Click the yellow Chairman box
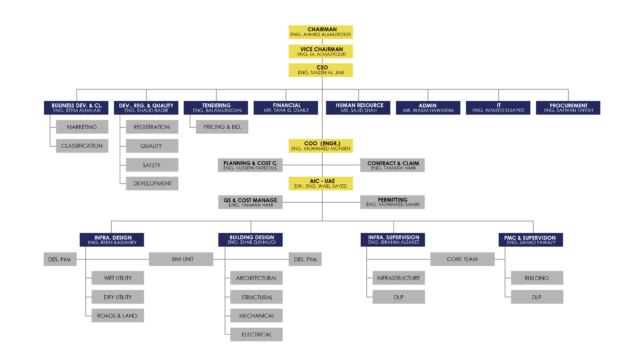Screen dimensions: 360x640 [x=320, y=33]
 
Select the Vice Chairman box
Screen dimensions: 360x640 [x=320, y=51]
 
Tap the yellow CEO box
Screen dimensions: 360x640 [x=320, y=69]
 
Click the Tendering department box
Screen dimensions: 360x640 [x=215, y=107]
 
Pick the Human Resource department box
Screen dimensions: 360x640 [x=357, y=107]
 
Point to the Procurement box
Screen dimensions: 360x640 [x=568, y=107]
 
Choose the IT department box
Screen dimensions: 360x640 [x=498, y=107]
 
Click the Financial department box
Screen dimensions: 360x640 [x=286, y=107]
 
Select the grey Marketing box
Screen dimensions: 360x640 [x=81, y=127]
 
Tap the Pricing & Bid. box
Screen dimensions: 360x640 [x=223, y=127]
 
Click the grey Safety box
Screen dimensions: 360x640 [x=151, y=164]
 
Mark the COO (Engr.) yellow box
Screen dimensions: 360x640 [x=320, y=146]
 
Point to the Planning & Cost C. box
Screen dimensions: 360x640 [x=251, y=164]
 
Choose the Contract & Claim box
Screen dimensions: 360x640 [x=392, y=164]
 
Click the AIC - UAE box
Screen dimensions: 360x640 [x=320, y=183]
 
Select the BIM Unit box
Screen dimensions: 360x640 [x=182, y=259]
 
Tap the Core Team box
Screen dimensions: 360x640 [x=462, y=259]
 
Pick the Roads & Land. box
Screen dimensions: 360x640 [x=117, y=315]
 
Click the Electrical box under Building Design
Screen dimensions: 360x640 [x=257, y=334]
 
